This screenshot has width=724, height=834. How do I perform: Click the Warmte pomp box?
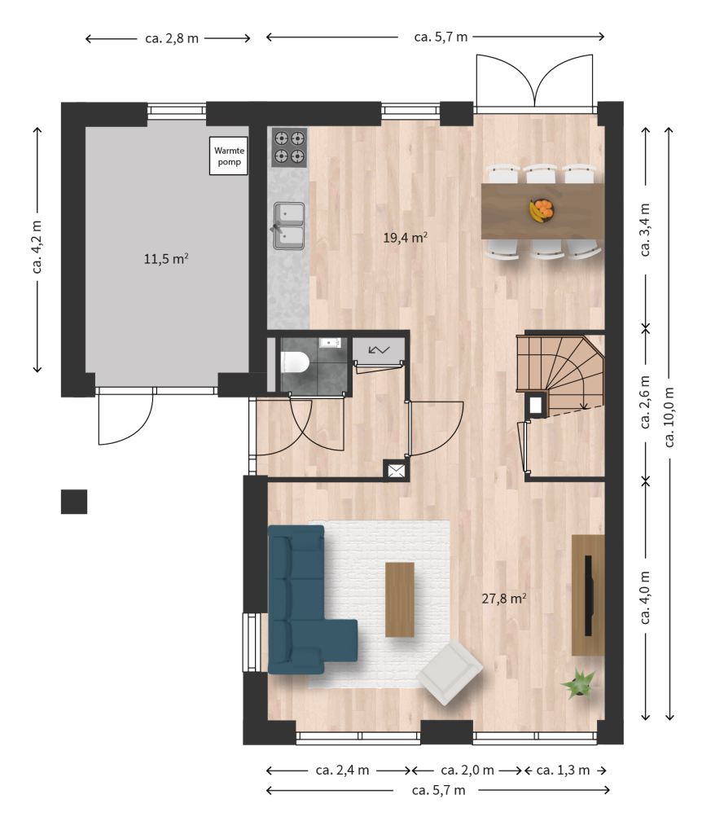pyautogui.click(x=228, y=156)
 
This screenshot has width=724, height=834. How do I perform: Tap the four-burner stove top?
pyautogui.click(x=289, y=147)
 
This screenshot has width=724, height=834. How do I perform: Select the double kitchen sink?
pyautogui.click(x=289, y=226)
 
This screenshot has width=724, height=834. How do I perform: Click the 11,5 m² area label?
pyautogui.click(x=166, y=258)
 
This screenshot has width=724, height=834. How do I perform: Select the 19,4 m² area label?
pyautogui.click(x=406, y=237)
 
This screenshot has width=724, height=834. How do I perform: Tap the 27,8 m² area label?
pyautogui.click(x=504, y=599)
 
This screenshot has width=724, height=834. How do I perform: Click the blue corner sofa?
pyautogui.click(x=303, y=601)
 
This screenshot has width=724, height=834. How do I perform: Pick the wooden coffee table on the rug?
pyautogui.click(x=400, y=599)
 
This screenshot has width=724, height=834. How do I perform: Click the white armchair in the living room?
pyautogui.click(x=450, y=672)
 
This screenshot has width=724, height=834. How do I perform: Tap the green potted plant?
pyautogui.click(x=579, y=683)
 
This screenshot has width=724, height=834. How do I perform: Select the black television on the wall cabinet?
pyautogui.click(x=588, y=595)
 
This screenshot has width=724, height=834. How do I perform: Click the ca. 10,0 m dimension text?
pyautogui.click(x=669, y=417)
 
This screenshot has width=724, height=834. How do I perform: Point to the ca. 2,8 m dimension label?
pyautogui.click(x=172, y=38)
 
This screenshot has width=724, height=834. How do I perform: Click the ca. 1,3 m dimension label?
pyautogui.click(x=563, y=770)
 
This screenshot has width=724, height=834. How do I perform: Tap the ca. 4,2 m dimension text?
pyautogui.click(x=37, y=248)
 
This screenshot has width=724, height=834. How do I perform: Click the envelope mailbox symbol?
pyautogui.click(x=397, y=470)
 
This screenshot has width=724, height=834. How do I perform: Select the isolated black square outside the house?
pyautogui.click(x=74, y=502)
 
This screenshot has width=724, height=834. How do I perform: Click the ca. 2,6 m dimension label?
pyautogui.click(x=645, y=402)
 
